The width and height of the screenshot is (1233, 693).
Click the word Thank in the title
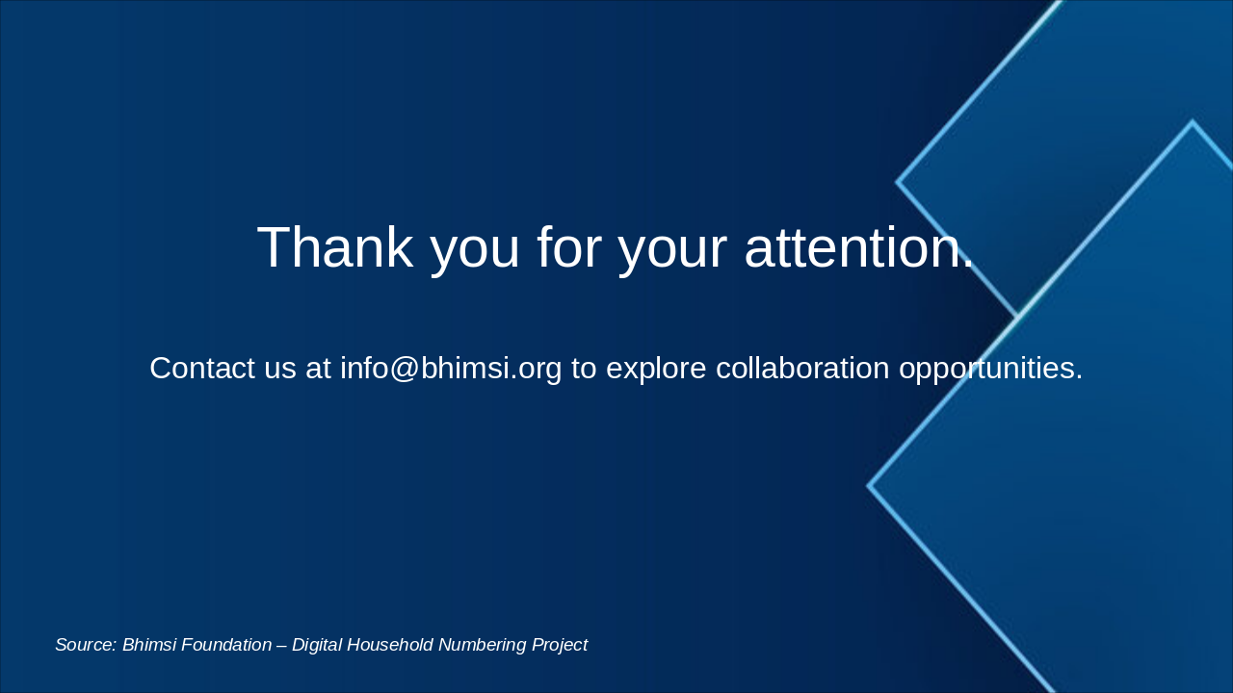(x=334, y=247)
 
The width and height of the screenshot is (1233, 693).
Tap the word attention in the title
(x=859, y=247)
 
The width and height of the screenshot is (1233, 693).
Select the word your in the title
(x=671, y=247)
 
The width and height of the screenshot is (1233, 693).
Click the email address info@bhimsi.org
(x=451, y=368)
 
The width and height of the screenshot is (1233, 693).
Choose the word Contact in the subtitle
(x=201, y=368)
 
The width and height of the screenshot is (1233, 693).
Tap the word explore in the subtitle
(x=656, y=368)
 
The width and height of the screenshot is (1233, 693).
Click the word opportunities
(x=990, y=368)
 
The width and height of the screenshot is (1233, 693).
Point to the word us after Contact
(x=280, y=368)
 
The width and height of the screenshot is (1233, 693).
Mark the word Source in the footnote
(x=86, y=645)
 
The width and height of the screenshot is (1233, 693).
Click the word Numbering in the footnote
(x=480, y=645)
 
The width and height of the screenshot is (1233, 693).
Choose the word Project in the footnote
(x=559, y=645)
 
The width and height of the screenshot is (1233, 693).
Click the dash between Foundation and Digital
(x=282, y=645)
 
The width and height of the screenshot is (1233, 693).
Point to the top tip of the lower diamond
(x=1193, y=122)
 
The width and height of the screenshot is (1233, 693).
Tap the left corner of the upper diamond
(x=898, y=181)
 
